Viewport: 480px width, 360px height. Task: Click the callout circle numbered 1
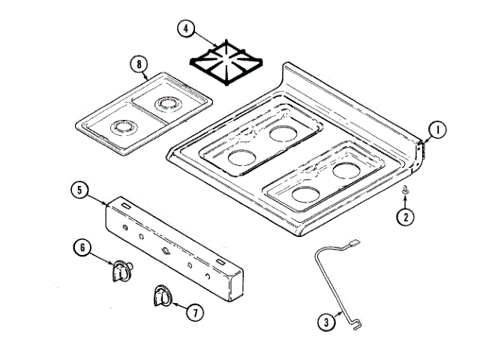coord(436,129)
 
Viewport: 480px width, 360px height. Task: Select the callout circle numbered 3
coord(325,323)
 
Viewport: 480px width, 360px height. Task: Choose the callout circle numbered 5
coord(82,190)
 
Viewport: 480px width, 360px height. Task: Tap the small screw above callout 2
coord(406,193)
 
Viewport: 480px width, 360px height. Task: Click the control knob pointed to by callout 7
coord(160,296)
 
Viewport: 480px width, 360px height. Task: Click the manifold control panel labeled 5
coord(172,247)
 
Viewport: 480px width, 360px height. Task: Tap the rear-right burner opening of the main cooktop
coord(344,170)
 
